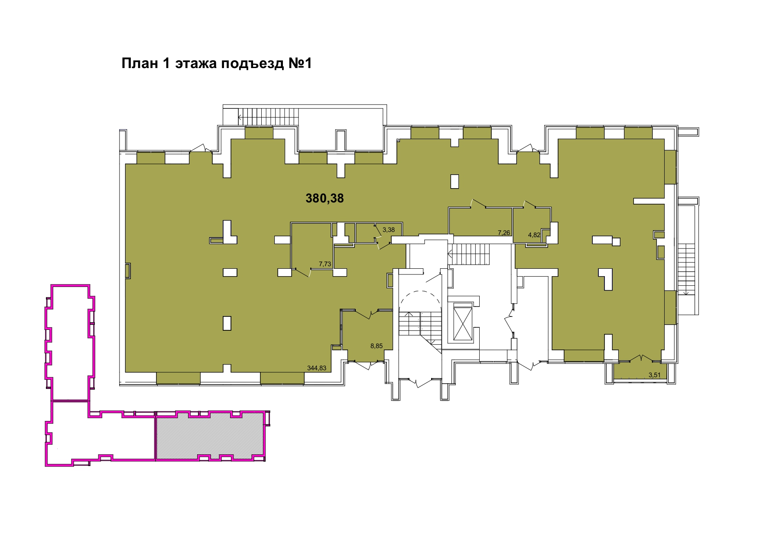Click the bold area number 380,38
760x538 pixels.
[x=325, y=198]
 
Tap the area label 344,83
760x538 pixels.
[x=316, y=368]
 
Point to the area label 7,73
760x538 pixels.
[x=325, y=264]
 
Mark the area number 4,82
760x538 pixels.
[x=534, y=235]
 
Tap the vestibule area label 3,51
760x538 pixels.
[x=654, y=375]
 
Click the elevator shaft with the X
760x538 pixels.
[x=462, y=321]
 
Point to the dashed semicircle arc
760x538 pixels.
[x=420, y=291]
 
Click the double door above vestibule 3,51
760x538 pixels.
[x=641, y=359]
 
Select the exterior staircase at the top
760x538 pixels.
[x=268, y=116]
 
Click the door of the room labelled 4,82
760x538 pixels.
[x=530, y=204]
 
